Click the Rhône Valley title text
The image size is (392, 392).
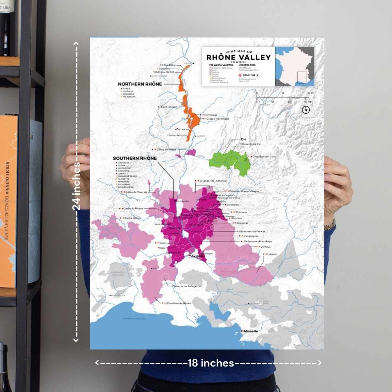click(x=238, y=57)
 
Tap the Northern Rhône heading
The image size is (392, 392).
click(x=140, y=84)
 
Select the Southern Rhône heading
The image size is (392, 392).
click(x=135, y=158)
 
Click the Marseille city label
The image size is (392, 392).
click(x=251, y=331)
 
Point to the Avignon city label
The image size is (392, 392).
click(x=197, y=256)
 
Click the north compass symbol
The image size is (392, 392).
click(x=306, y=110)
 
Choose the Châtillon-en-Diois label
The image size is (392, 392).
click(x=264, y=157)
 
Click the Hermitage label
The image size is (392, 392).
click(x=210, y=115)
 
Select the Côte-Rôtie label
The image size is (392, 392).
click(x=169, y=65)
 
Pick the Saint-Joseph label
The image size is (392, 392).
click(x=169, y=107)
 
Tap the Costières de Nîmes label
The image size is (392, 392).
click(x=179, y=303)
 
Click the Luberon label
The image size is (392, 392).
click(x=272, y=254)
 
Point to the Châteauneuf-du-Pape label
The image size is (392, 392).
click(x=258, y=241)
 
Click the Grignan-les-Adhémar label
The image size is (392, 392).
click(x=213, y=181)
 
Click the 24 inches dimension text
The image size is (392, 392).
click(x=76, y=186)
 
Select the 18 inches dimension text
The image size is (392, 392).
click(x=211, y=363)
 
